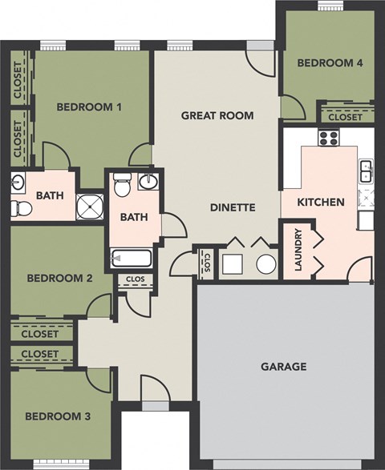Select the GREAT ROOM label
tap(217, 115)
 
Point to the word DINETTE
tap(233, 207)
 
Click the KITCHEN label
tap(321, 203)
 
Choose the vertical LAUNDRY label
tap(298, 251)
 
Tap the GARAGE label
tap(284, 367)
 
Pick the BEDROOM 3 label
tap(57, 416)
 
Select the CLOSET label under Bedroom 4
tap(346, 117)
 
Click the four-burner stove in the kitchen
tap(329, 138)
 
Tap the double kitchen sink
tap(366, 171)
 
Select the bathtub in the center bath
tap(131, 258)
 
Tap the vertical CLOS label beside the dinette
tap(207, 263)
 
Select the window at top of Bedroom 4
tap(328, 6)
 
